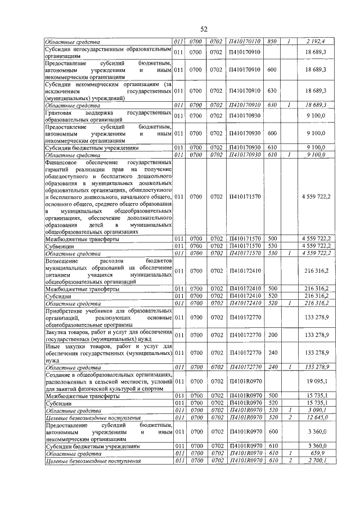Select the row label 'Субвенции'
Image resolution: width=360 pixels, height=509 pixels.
pos(60,246)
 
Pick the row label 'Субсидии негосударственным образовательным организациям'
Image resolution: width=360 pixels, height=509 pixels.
pos(107,52)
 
